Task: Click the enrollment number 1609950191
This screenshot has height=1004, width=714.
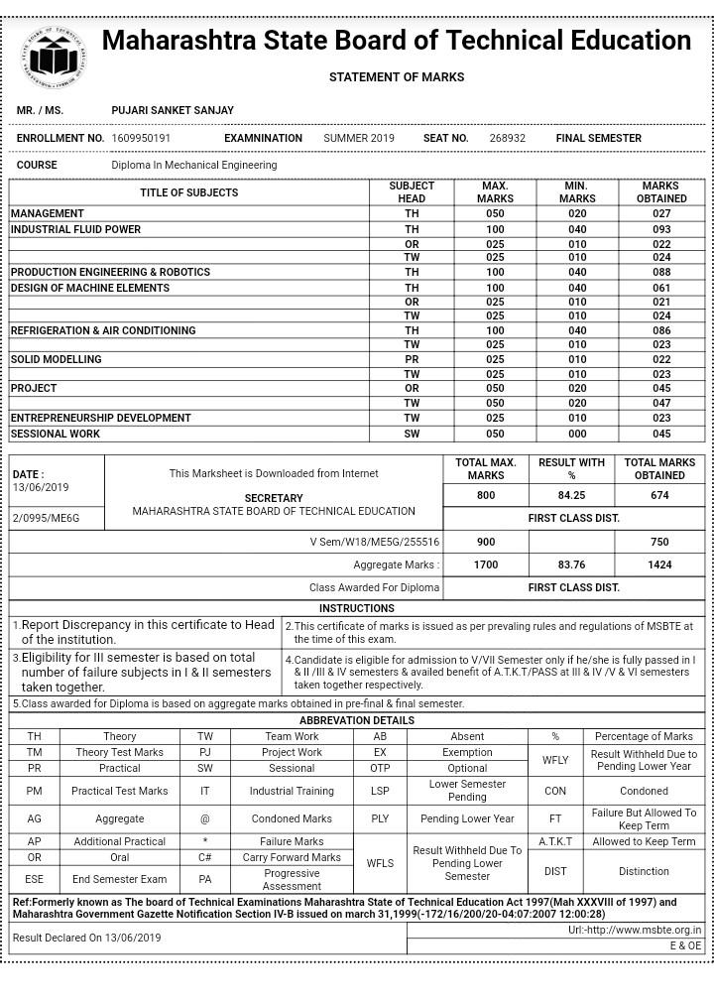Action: click(x=141, y=138)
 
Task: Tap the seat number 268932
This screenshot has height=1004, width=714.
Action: click(x=508, y=138)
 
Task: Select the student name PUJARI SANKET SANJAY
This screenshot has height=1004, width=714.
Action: click(x=173, y=110)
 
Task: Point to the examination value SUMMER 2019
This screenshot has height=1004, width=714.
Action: click(x=359, y=138)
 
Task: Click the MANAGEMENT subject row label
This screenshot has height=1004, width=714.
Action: click(x=48, y=213)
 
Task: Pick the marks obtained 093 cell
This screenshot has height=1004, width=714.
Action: click(x=661, y=229)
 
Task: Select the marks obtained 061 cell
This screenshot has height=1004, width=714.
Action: click(x=661, y=288)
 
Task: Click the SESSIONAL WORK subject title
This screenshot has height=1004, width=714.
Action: click(x=56, y=434)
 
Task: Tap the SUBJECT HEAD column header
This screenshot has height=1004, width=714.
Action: click(x=412, y=191)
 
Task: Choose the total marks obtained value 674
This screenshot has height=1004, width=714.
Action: click(x=659, y=495)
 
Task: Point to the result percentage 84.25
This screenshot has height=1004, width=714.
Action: click(x=571, y=495)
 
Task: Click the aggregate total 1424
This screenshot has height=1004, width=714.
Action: click(x=659, y=565)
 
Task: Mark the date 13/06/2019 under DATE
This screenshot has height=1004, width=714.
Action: click(x=41, y=487)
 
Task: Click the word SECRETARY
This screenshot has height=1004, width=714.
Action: click(x=274, y=498)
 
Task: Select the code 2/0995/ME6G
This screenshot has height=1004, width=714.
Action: click(x=46, y=518)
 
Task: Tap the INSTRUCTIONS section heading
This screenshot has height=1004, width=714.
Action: click(x=357, y=608)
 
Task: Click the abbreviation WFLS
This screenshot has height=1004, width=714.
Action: click(x=380, y=863)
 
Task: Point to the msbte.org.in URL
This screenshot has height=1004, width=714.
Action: click(x=635, y=931)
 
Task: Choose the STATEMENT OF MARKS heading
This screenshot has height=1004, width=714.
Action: click(x=397, y=77)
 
